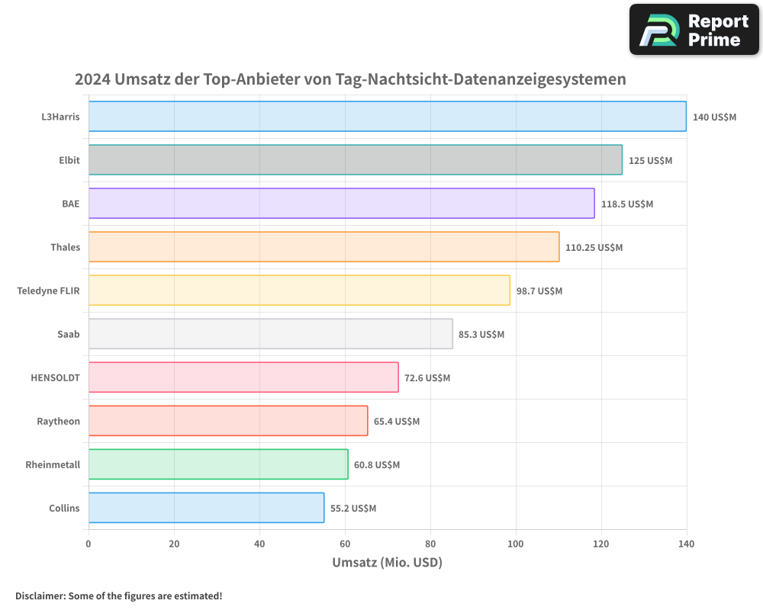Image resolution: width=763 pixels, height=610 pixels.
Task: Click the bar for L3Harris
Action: (387, 117)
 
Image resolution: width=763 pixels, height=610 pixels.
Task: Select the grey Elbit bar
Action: (355, 160)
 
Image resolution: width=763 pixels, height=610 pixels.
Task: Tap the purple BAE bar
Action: (341, 204)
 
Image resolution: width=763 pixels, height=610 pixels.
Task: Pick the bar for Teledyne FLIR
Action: (299, 291)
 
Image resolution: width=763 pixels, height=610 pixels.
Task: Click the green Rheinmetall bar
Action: (218, 464)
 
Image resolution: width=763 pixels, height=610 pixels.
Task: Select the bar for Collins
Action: (206, 508)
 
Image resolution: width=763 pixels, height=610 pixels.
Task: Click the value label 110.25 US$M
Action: (594, 247)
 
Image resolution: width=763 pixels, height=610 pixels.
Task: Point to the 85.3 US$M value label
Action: (481, 334)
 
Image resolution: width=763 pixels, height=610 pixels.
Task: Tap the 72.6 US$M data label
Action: (427, 377)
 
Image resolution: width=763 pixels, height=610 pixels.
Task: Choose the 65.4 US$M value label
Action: (397, 421)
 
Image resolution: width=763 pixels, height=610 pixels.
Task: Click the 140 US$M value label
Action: (714, 117)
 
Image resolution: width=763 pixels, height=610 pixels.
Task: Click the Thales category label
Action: (65, 247)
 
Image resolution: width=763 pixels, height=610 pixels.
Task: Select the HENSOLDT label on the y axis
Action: (55, 377)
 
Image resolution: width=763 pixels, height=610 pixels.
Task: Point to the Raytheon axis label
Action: (58, 421)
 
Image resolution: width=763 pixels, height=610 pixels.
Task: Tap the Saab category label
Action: (68, 334)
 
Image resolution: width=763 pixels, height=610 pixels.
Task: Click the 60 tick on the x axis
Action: (345, 544)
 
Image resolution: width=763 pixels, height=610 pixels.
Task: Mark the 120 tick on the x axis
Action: (601, 544)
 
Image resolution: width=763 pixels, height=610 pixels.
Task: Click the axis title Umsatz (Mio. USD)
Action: (387, 563)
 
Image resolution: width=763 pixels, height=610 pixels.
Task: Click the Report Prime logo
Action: (694, 30)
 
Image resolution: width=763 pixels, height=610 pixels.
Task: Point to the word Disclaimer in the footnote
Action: (40, 596)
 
